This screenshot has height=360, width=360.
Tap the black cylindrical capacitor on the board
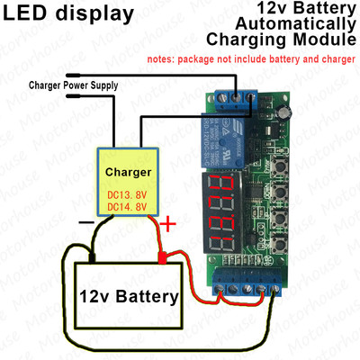(285, 112)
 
